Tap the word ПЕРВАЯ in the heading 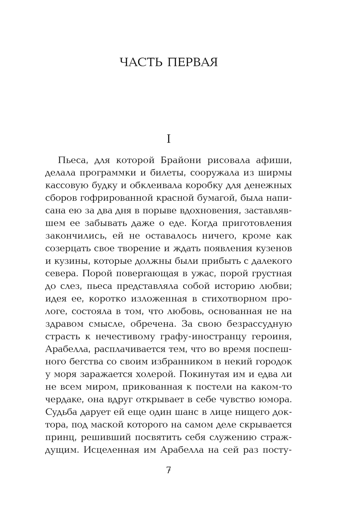pyautogui.click(x=193, y=62)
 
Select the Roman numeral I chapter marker pyautogui.click(x=168, y=139)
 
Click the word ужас pyautogui.click(x=200, y=274)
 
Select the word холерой pyautogui.click(x=156, y=374)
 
